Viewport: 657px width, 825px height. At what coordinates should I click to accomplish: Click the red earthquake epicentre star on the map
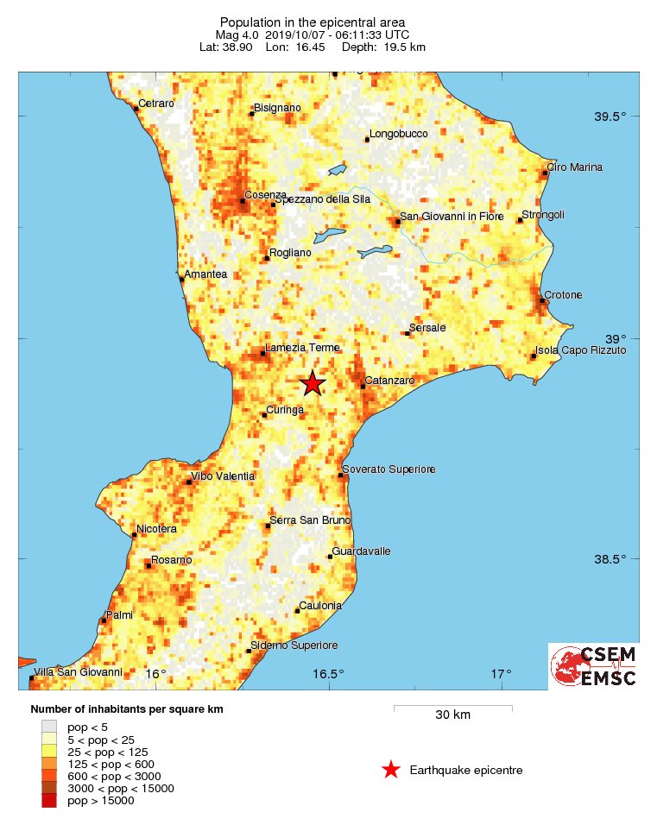point(313,384)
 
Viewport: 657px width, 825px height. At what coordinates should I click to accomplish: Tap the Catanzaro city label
point(390,380)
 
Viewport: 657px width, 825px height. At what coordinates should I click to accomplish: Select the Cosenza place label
point(265,195)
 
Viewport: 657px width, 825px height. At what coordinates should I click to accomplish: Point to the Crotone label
point(563,295)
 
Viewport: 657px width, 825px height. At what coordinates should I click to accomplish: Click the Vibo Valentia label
point(224,475)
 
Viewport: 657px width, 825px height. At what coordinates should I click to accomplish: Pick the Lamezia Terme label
point(302,348)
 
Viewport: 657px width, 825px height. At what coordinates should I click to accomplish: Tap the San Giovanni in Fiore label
point(451,216)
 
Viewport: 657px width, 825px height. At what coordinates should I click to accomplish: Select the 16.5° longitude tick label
point(328,674)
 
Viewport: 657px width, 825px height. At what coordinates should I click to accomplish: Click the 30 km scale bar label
point(452,715)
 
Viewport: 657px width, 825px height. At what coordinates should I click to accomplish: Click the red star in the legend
point(391,770)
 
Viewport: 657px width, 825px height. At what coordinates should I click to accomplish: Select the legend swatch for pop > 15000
point(49,800)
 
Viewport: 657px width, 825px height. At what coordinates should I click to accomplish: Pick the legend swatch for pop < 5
point(49,727)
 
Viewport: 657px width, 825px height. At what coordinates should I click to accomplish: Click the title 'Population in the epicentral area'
point(312,22)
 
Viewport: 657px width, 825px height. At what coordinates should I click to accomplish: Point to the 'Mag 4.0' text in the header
point(232,35)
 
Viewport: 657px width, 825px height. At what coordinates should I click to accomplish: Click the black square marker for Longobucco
point(367,139)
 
